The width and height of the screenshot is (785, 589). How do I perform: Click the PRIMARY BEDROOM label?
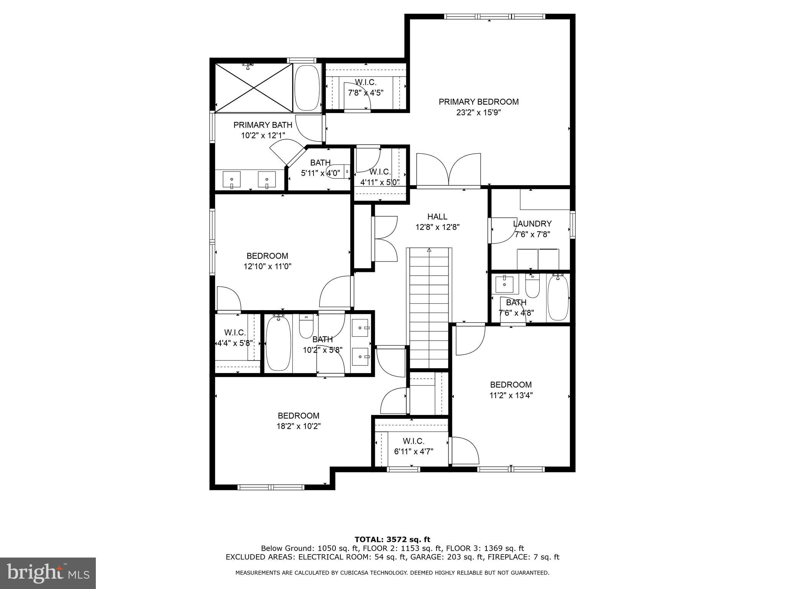[478, 102]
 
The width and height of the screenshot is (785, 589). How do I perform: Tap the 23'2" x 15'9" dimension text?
[478, 112]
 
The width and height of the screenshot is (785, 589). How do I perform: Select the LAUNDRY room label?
[532, 224]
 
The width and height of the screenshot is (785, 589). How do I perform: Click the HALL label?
[437, 217]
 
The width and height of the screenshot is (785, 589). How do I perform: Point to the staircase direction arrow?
[429, 250]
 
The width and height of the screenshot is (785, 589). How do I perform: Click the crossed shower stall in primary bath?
[254, 88]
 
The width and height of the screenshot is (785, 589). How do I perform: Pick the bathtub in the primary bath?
[307, 88]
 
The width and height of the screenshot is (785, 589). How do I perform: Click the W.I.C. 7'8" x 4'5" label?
[366, 87]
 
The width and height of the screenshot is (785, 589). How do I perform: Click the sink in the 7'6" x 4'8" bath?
[504, 284]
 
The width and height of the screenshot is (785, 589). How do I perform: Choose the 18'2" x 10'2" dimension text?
[299, 426]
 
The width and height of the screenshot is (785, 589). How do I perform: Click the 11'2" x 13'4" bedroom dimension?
[511, 395]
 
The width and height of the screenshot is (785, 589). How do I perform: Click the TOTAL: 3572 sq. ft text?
[392, 540]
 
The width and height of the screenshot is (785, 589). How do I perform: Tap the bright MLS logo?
[48, 573]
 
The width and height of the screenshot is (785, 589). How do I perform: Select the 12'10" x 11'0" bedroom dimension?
[268, 266]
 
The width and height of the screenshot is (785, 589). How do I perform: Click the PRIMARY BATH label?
[263, 125]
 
